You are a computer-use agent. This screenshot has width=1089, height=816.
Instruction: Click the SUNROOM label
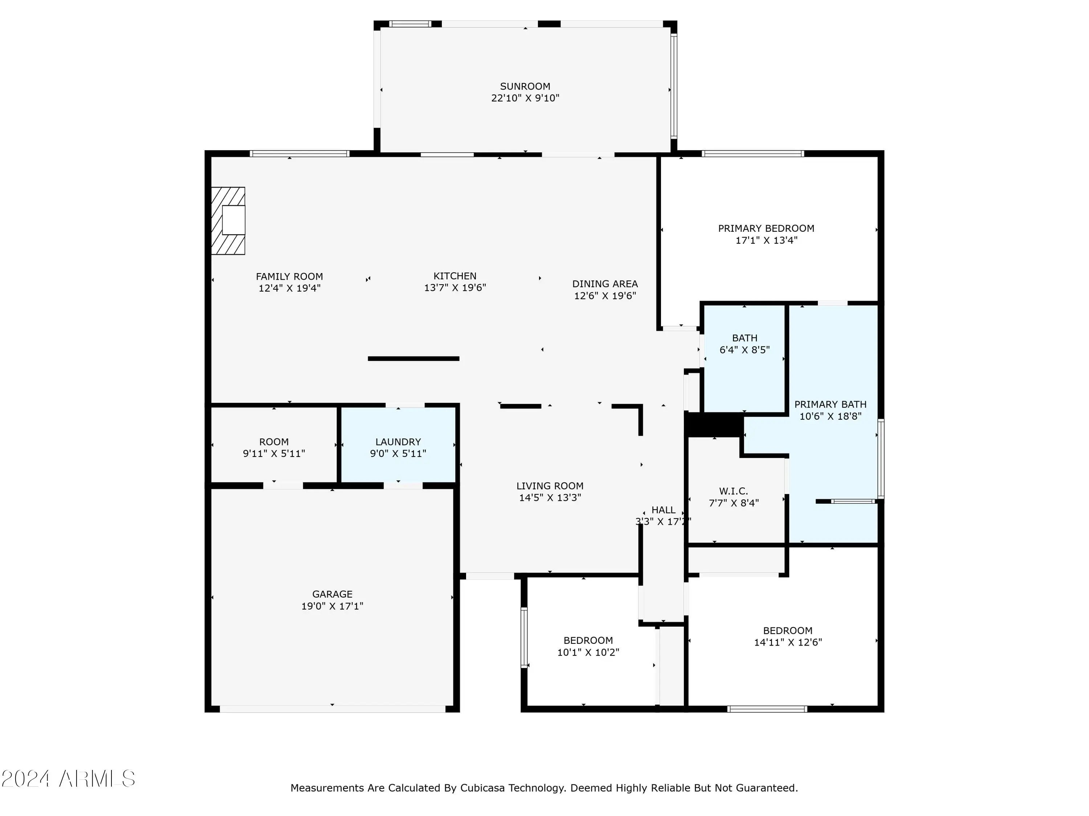pyautogui.click(x=525, y=86)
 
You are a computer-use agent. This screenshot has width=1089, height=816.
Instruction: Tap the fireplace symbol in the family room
pyautogui.click(x=228, y=221)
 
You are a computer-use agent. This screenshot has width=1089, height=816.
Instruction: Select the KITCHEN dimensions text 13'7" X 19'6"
pyautogui.click(x=455, y=288)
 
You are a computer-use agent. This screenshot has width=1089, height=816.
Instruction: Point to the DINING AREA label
pyautogui.click(x=605, y=284)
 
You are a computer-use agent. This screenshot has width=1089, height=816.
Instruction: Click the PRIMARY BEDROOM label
pyautogui.click(x=766, y=228)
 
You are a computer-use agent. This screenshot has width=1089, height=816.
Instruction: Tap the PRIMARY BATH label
pyautogui.click(x=831, y=404)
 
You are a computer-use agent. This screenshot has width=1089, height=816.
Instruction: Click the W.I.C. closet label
pyautogui.click(x=734, y=491)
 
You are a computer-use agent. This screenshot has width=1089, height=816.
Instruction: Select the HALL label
pyautogui.click(x=664, y=510)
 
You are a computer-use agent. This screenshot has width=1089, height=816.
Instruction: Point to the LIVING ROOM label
pyautogui.click(x=550, y=486)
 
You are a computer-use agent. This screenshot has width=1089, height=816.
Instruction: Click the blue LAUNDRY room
pyautogui.click(x=398, y=445)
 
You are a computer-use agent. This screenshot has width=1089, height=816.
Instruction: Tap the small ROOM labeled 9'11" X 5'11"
pyautogui.click(x=274, y=445)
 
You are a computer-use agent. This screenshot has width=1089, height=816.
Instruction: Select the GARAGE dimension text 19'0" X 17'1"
pyautogui.click(x=332, y=606)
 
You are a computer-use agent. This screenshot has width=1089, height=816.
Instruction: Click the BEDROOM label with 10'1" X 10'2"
pyautogui.click(x=588, y=640)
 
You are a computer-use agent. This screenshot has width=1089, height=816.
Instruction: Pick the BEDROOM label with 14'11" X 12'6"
pyautogui.click(x=788, y=631)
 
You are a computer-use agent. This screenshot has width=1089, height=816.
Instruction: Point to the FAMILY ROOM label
pyautogui.click(x=289, y=276)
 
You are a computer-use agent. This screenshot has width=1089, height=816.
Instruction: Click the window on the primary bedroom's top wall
pyautogui.click(x=753, y=153)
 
